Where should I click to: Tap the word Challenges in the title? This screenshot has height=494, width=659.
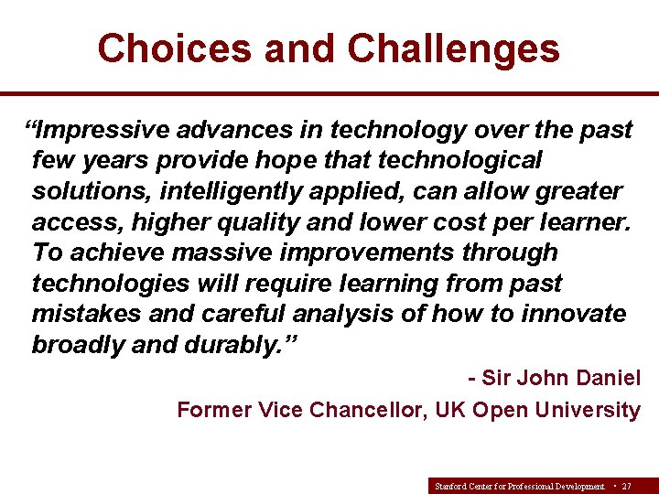454,48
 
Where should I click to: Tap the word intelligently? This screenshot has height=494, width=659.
237,192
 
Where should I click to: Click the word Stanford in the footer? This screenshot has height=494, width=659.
450,486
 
